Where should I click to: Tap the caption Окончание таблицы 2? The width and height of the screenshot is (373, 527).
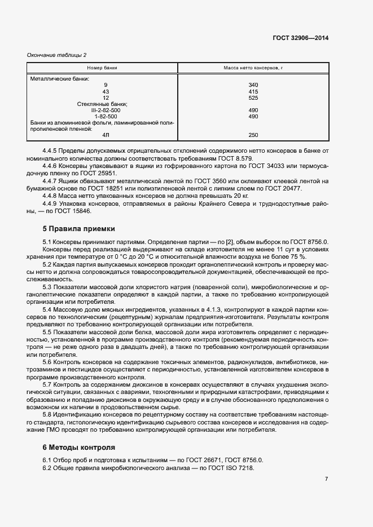[x=57, y=55]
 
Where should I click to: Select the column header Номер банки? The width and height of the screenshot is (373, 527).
[x=102, y=68]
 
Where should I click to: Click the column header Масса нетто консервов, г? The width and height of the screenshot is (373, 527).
[x=253, y=68]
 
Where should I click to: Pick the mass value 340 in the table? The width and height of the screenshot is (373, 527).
[x=253, y=85]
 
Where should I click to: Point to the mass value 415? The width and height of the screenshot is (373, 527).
[x=253, y=91]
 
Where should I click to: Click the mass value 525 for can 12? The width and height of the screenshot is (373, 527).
[x=253, y=98]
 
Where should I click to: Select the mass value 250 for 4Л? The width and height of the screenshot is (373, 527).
[x=253, y=135]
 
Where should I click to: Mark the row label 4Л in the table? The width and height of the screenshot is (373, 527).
[x=106, y=135]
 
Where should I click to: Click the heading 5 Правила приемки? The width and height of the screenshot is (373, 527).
[x=79, y=229]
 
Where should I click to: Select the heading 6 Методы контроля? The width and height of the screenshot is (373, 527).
[x=79, y=448]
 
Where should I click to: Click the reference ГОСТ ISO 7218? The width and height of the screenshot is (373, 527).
[x=235, y=468]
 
